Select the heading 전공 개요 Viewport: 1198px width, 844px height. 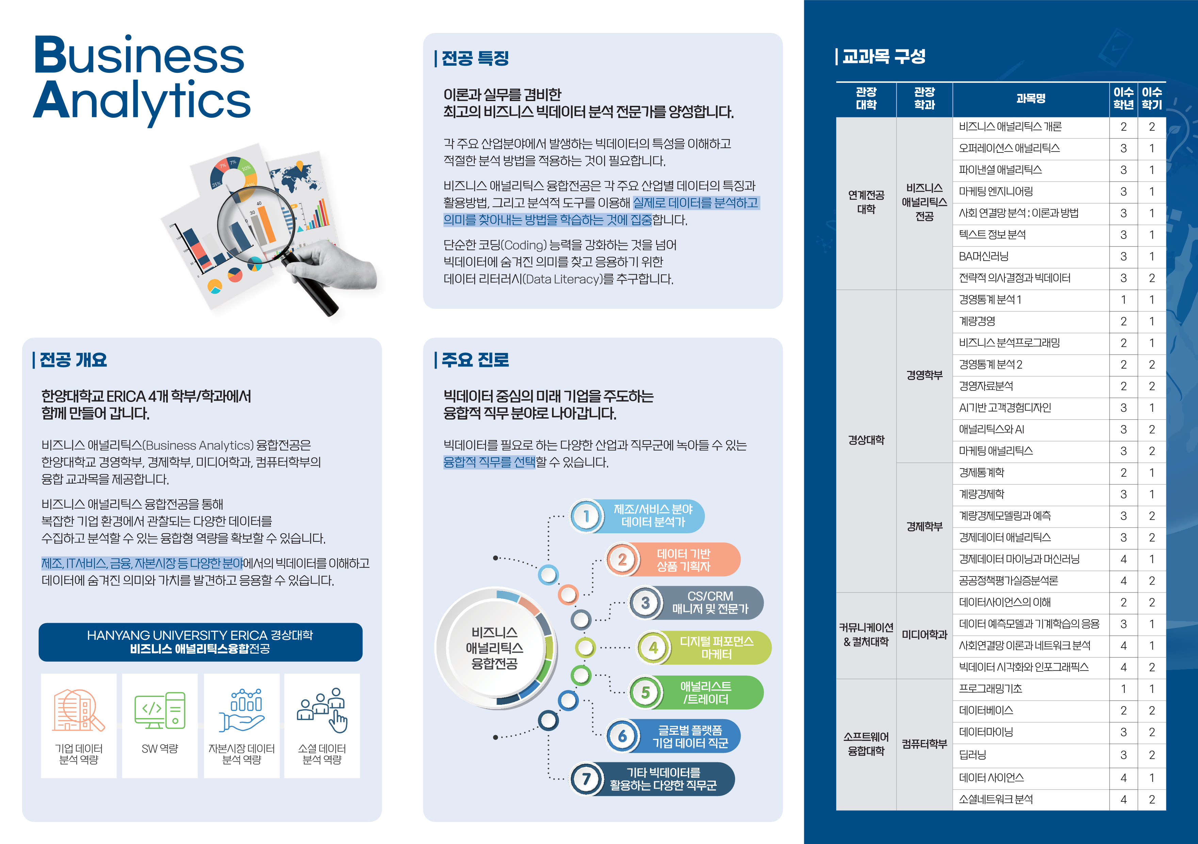pos(73,360)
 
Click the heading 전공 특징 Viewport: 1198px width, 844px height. pos(475,58)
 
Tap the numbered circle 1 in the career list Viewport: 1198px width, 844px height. pos(586,516)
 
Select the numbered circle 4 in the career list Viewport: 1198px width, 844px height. pos(653,648)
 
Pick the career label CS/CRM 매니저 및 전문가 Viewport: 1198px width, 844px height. pos(710,602)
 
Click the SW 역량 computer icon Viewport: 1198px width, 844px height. pos(160,711)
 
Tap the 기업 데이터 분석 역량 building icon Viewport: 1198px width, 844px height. pos(78,711)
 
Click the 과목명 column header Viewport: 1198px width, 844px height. pos(1031,99)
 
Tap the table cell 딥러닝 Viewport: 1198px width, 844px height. pos(973,755)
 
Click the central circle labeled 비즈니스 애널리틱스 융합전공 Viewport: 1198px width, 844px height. pos(495,648)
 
